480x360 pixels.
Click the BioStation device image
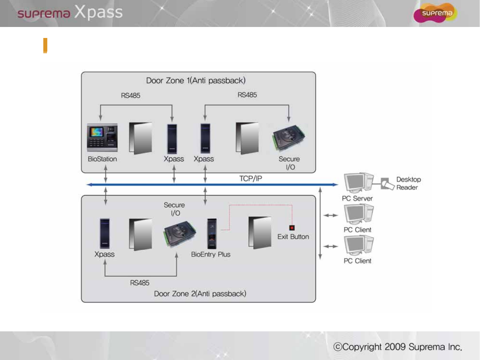(102, 138)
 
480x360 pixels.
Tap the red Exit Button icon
(292, 228)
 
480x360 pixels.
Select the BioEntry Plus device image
(212, 234)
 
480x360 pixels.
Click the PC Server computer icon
(359, 183)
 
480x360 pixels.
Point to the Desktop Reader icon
(387, 184)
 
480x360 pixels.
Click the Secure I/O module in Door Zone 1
(289, 138)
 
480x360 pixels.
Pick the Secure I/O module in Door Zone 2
(180, 234)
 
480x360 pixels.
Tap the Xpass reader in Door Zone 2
(105, 233)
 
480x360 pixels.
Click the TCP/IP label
(250, 179)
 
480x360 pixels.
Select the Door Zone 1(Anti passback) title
(196, 81)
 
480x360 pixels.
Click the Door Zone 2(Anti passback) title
(200, 293)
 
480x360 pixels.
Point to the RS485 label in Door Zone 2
(140, 283)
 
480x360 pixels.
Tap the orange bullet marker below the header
(45, 46)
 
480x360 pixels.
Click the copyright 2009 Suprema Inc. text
(398, 347)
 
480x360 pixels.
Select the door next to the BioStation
(140, 138)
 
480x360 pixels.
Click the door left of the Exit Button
(260, 232)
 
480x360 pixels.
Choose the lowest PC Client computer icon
(359, 245)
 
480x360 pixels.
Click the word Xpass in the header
(98, 12)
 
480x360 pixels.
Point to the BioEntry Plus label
(211, 254)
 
